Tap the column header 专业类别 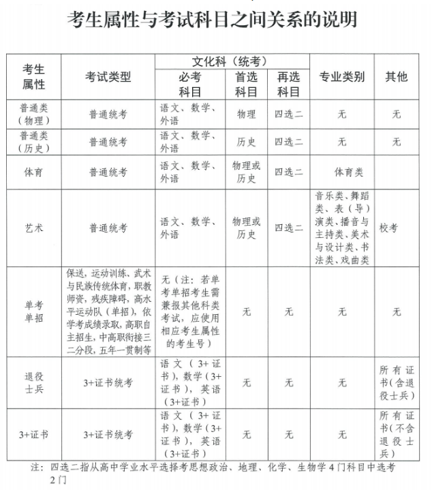click(342, 76)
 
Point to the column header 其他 click(397, 76)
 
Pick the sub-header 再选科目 click(288, 84)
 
